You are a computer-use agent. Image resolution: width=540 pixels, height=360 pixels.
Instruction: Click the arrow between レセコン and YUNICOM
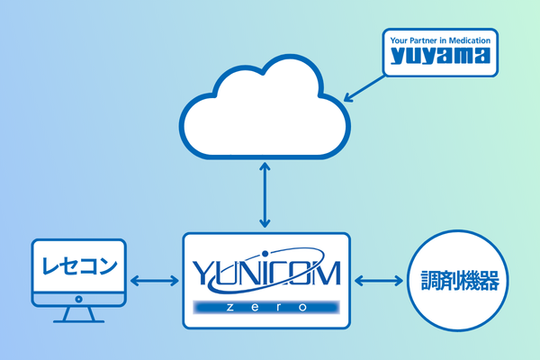pos(155,281)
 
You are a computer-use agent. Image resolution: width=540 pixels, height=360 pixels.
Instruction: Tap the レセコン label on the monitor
pos(76,266)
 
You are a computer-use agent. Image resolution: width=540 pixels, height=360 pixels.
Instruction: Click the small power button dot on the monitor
pos(76,298)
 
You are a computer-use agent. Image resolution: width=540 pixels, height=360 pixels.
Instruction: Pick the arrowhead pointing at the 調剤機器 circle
pos(399,281)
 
